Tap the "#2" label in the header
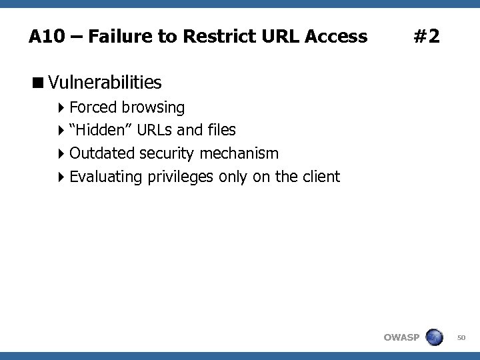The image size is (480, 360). pyautogui.click(x=427, y=36)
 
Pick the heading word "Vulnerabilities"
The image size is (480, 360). pyautogui.click(x=105, y=83)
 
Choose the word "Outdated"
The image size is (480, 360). pyautogui.click(x=102, y=153)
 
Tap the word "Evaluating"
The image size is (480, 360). pyautogui.click(x=105, y=177)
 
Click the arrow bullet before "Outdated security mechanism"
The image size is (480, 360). pyautogui.click(x=61, y=154)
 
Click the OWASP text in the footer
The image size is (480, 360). pyautogui.click(x=401, y=337)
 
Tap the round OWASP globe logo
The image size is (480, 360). pyautogui.click(x=434, y=337)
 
